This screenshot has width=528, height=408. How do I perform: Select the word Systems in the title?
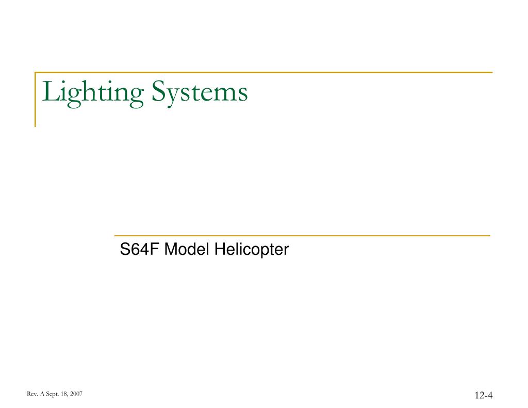click(199, 93)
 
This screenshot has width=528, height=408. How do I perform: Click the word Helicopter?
click(252, 250)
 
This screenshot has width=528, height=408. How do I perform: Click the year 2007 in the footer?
click(75, 395)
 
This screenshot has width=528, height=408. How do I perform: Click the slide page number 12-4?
click(484, 396)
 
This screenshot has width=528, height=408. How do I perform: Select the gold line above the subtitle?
click(302, 236)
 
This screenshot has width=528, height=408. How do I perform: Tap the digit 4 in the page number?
click(490, 396)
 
